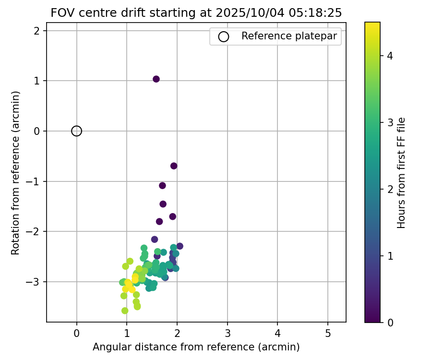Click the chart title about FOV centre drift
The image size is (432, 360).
click(x=196, y=13)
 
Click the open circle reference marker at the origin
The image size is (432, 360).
click(x=76, y=131)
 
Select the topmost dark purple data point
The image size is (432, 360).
click(x=156, y=79)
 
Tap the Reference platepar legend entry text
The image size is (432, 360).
click(x=288, y=36)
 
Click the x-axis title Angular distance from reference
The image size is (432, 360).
click(x=196, y=347)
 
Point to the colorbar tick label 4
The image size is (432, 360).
click(x=390, y=56)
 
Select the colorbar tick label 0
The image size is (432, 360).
click(x=390, y=322)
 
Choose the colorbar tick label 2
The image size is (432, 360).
click(x=390, y=189)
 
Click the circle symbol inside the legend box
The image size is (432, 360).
click(x=223, y=36)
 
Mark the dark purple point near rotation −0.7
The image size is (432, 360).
click(x=174, y=166)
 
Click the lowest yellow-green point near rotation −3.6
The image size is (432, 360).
click(x=125, y=311)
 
